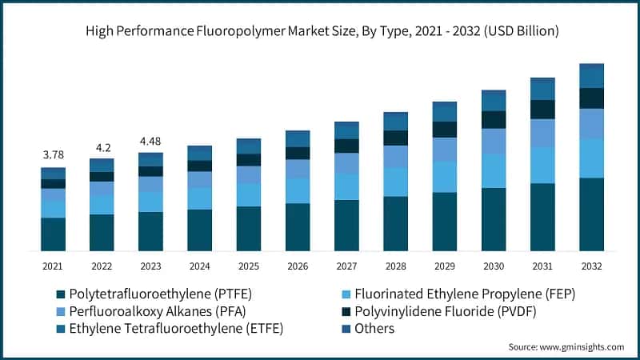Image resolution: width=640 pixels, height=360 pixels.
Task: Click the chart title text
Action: (x=320, y=31)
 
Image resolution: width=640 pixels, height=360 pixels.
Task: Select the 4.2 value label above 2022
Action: (x=102, y=147)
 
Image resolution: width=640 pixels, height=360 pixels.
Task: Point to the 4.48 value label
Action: (x=150, y=142)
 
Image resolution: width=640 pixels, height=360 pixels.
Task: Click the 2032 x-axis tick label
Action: (x=591, y=266)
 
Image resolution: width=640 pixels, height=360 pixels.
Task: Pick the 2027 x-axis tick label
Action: (x=346, y=266)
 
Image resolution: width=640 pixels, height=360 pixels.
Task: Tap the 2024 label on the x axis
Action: (x=199, y=266)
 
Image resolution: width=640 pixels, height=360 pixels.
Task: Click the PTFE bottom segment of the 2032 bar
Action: (x=591, y=214)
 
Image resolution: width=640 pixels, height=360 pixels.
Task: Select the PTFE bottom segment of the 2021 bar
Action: (x=53, y=234)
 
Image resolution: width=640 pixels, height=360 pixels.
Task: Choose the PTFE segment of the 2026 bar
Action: (x=298, y=227)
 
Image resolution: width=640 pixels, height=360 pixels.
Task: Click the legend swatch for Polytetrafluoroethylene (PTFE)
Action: (x=59, y=294)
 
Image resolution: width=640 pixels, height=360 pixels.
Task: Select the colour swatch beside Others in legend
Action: (x=346, y=329)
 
